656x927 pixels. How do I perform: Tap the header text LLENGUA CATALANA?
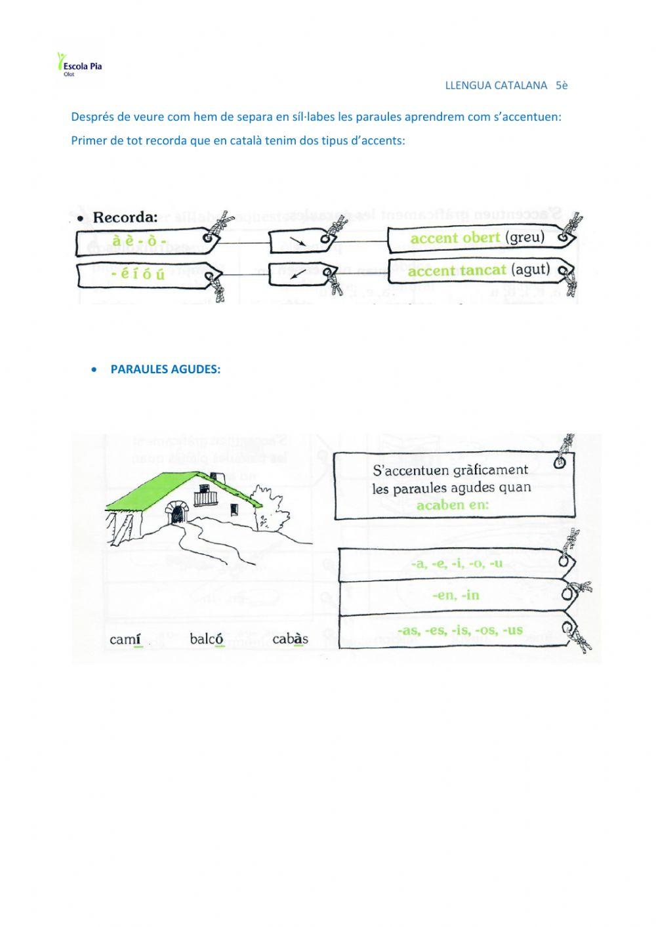496,85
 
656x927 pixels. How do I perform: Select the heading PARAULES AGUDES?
165,369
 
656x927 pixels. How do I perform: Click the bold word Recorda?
125,217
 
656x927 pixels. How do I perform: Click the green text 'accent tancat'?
457,271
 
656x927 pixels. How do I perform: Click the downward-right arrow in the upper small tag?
298,242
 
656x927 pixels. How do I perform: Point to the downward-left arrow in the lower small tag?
298,274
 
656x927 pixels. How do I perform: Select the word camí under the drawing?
126,639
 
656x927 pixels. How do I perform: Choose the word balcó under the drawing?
207,639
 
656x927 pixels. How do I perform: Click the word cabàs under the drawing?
289,639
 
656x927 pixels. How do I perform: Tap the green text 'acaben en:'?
453,505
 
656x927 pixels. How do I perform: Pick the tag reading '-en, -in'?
455,595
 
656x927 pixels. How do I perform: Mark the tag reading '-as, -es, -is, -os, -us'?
459,630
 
